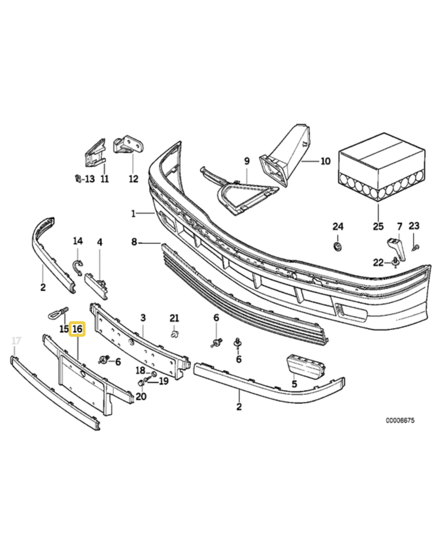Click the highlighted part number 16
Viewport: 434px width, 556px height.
pos(77,328)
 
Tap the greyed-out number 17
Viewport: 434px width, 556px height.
pos(16,341)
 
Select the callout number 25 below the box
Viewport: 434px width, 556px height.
pos(378,226)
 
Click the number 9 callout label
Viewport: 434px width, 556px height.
pos(246,161)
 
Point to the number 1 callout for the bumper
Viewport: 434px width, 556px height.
pos(133,213)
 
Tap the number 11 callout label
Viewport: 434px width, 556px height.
pos(104,178)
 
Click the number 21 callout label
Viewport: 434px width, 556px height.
pos(174,318)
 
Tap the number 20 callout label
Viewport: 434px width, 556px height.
pos(141,396)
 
